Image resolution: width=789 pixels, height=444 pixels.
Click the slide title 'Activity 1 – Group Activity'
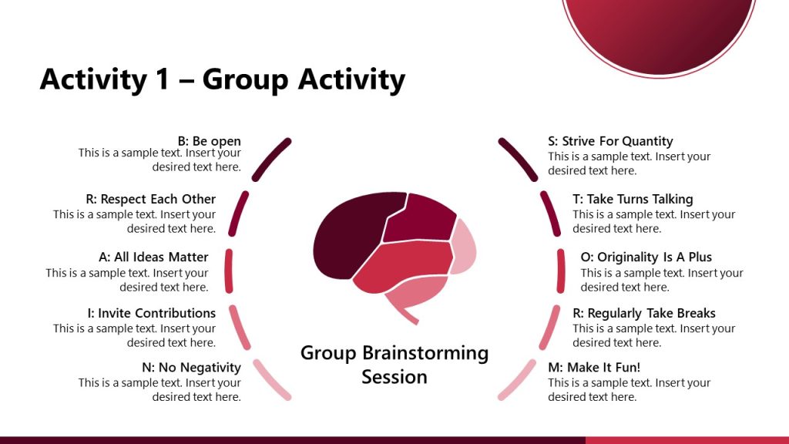(222, 79)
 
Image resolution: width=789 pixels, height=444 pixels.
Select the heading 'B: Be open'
(209, 141)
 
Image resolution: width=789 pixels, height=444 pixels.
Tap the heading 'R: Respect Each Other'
(151, 199)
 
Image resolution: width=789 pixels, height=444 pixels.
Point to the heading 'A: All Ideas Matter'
(153, 257)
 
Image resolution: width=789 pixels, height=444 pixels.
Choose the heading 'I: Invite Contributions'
(151, 313)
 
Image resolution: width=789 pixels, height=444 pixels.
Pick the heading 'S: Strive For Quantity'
(610, 141)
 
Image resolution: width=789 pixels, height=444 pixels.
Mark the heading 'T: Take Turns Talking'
(633, 199)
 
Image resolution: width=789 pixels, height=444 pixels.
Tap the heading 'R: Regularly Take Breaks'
(643, 313)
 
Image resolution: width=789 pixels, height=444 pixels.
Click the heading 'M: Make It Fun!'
(594, 367)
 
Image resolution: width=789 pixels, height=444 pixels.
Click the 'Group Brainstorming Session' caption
(394, 365)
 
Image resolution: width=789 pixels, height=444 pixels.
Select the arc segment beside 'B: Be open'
(272, 158)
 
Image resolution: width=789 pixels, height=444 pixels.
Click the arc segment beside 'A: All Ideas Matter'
(228, 271)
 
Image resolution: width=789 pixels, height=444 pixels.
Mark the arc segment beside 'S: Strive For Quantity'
(517, 158)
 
